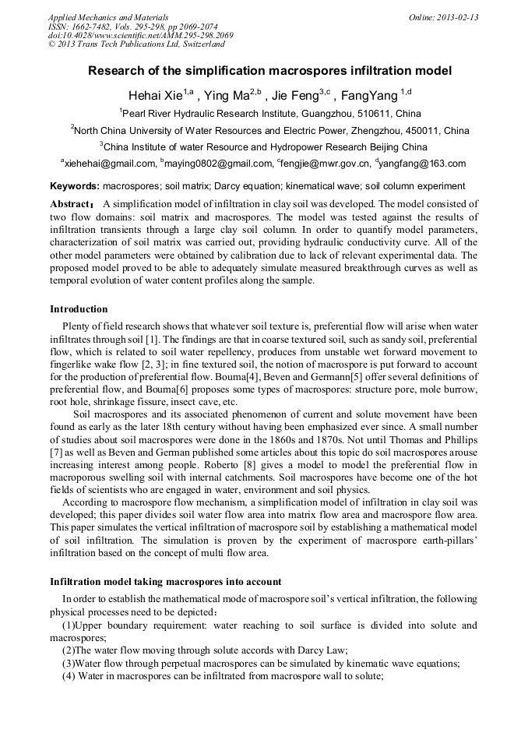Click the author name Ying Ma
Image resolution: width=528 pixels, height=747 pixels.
[228, 97]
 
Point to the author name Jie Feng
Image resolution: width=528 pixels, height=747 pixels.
[299, 97]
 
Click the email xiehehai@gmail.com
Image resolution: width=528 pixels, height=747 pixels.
[110, 164]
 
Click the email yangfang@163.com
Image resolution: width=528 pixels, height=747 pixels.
[423, 164]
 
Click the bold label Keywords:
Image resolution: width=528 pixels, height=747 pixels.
[75, 186]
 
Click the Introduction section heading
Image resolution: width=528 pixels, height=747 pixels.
[79, 309]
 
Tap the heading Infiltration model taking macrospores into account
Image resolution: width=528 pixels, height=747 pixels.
[166, 582]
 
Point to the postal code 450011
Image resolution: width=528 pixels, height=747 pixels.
[419, 130]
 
